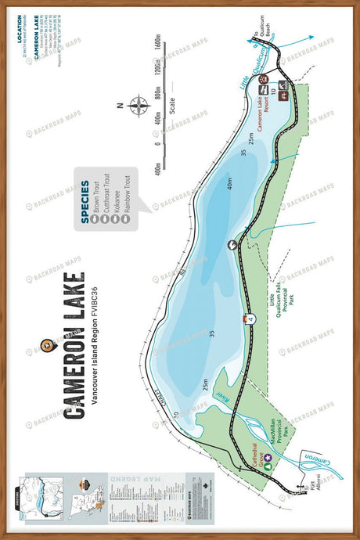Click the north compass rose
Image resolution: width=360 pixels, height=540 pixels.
(x=139, y=106)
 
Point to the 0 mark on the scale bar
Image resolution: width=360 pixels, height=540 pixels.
(x=161, y=144)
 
